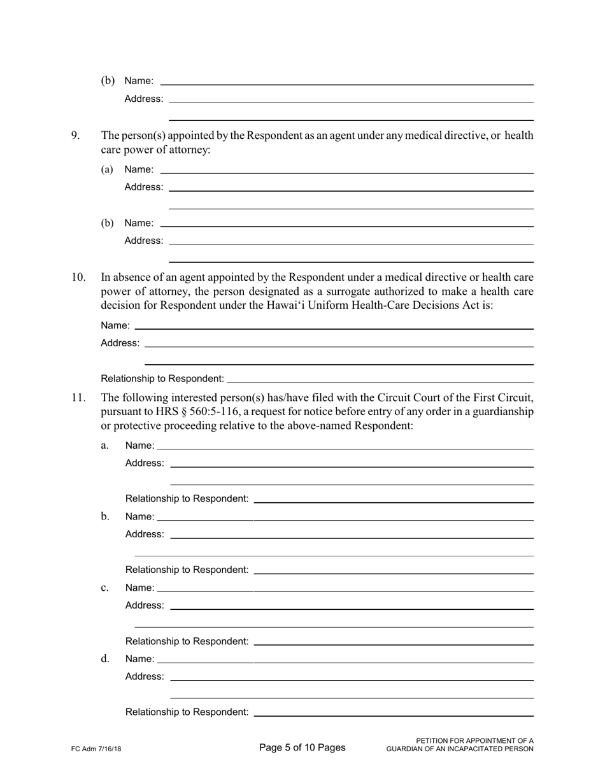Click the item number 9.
click(75, 135)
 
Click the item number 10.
click(78, 277)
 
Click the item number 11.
click(78, 398)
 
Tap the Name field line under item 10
click(334, 328)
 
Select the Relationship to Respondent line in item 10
click(380, 381)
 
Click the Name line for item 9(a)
click(346, 172)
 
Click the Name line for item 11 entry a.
click(345, 448)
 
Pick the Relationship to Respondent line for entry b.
click(393, 573)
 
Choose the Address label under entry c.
click(145, 605)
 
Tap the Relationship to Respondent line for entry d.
click(393, 715)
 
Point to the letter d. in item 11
click(105, 658)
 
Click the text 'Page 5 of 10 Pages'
click(302, 747)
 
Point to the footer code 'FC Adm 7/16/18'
click(96, 749)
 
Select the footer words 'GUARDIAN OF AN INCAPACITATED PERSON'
click(460, 749)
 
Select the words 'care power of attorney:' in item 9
click(155, 150)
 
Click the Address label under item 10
click(120, 343)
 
